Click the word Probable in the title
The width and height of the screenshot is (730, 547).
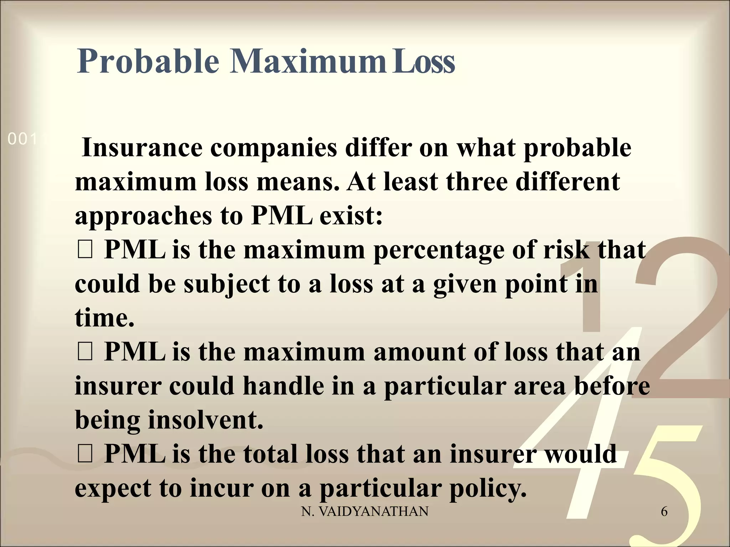point(148,61)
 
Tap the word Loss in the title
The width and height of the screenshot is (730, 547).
point(423,61)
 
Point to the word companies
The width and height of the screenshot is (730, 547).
point(273,149)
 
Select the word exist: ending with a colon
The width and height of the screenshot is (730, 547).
point(351,216)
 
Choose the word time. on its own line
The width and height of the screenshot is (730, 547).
point(104,318)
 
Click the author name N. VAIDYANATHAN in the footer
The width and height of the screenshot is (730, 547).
point(365,512)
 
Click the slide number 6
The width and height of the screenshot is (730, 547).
point(664,512)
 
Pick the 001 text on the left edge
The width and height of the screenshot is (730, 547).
point(22,139)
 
